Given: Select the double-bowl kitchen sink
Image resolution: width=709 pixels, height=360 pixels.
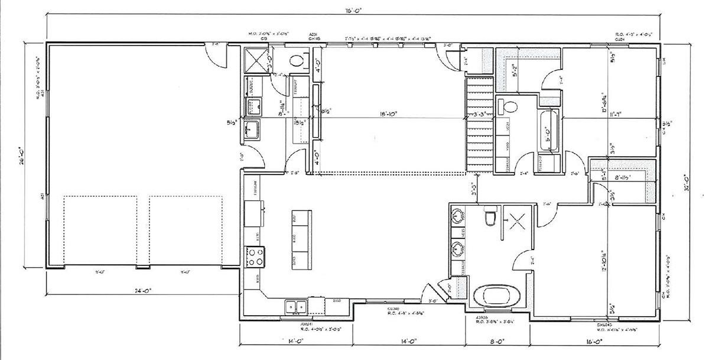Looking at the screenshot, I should point(295,306).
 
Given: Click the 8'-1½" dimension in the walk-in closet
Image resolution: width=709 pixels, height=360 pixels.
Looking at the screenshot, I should point(623,177).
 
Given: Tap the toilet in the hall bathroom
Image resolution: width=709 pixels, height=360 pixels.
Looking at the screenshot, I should point(508,107).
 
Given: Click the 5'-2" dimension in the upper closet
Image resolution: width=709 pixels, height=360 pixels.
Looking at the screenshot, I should point(515,70).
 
